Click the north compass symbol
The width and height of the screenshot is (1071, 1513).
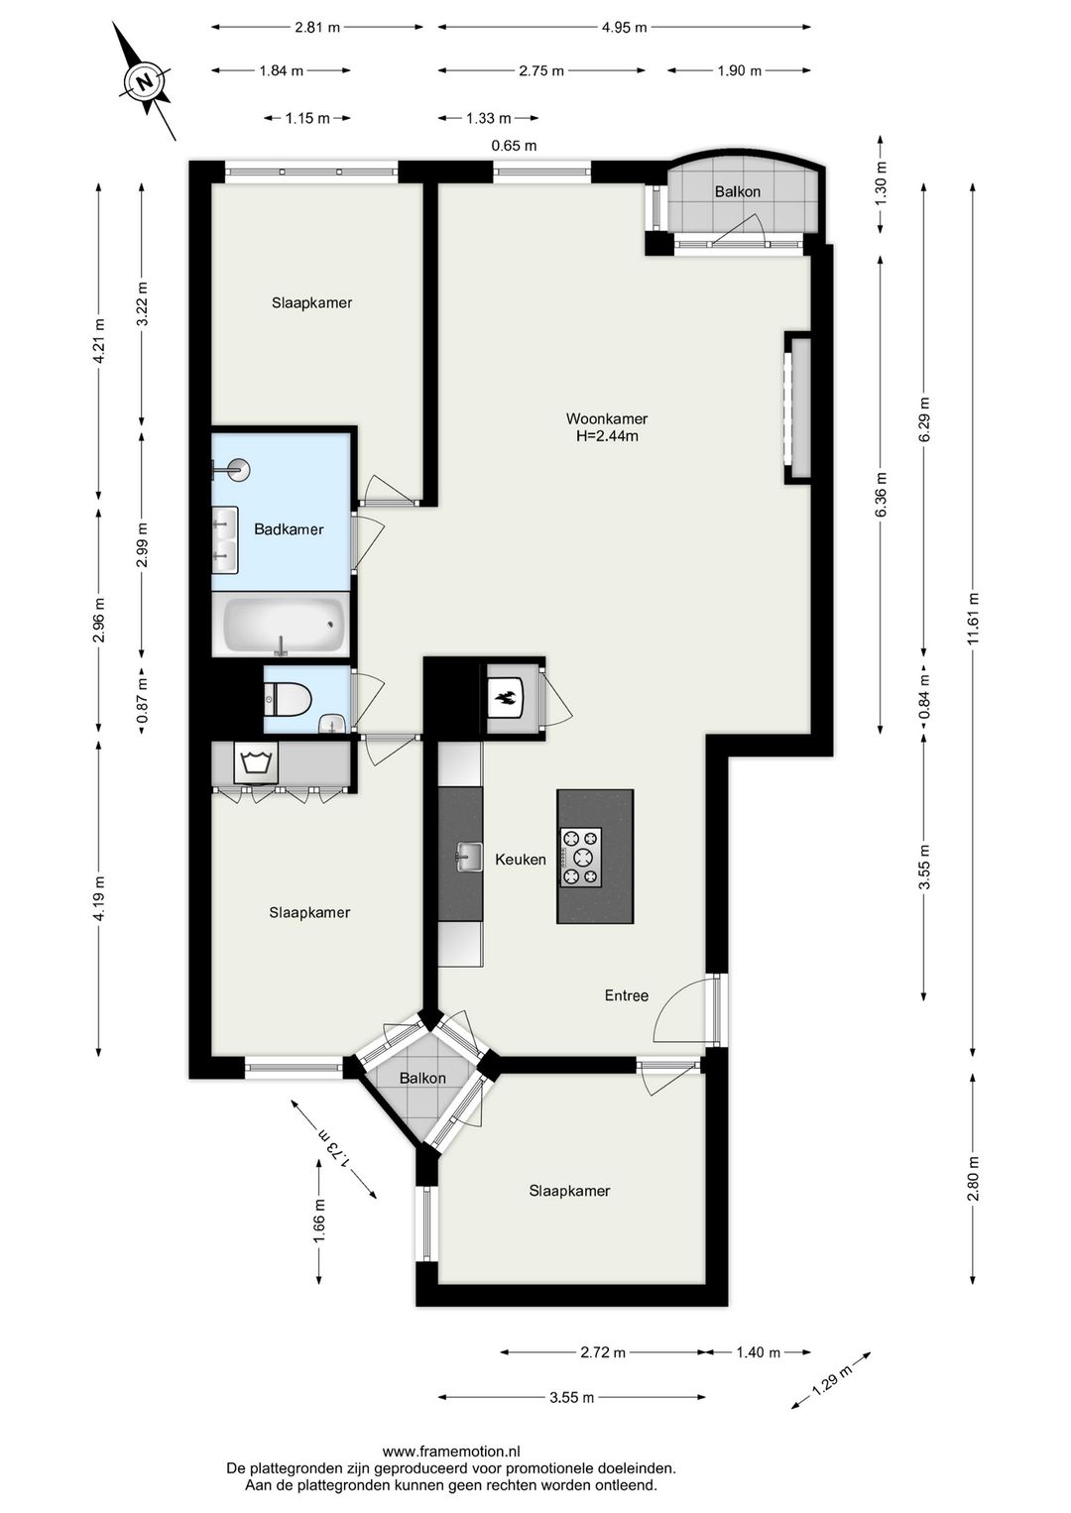(x=146, y=81)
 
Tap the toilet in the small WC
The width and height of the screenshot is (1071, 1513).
(x=288, y=700)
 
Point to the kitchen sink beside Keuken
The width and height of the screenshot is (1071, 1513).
(x=468, y=857)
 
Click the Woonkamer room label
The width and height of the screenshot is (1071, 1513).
(x=607, y=418)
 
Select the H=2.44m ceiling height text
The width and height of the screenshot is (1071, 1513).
(x=607, y=436)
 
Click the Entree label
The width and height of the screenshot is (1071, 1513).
(x=627, y=995)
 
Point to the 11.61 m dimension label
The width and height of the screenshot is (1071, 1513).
(x=974, y=620)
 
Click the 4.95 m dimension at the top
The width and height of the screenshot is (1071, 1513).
(x=624, y=28)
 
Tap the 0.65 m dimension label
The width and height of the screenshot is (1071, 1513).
(x=514, y=146)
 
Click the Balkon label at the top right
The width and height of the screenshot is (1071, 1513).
(x=738, y=191)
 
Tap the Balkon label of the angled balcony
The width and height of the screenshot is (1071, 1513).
(x=422, y=1078)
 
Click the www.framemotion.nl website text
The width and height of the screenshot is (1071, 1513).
(x=451, y=1451)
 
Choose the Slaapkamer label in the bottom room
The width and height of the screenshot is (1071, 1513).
(x=569, y=1191)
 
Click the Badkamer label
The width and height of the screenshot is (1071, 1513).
(x=289, y=529)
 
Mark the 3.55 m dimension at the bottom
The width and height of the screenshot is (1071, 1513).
(x=571, y=1398)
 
